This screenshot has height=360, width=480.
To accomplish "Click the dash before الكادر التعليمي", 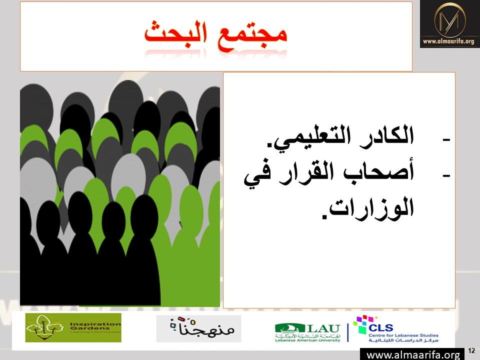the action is pyautogui.click(x=446, y=140).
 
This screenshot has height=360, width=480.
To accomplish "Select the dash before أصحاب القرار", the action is pyautogui.click(x=446, y=176).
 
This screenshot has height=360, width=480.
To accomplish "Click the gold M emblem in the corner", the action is pyautogui.click(x=449, y=20).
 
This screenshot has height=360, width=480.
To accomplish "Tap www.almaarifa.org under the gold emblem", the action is pyautogui.click(x=448, y=41).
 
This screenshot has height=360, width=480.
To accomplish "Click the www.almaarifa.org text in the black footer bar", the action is pyautogui.click(x=413, y=355).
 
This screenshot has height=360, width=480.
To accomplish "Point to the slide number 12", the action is pyautogui.click(x=471, y=350).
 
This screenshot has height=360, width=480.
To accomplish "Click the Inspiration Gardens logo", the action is pyautogui.click(x=73, y=327).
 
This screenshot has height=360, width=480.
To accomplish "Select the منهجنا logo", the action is pyautogui.click(x=198, y=328).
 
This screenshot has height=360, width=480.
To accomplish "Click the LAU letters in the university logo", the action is pyautogui.click(x=323, y=328).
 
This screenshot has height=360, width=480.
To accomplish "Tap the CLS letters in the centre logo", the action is pyautogui.click(x=381, y=328).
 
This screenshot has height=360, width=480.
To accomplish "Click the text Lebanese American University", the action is pyautogui.click(x=307, y=340).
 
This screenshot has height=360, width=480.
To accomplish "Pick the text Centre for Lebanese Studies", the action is pyautogui.click(x=403, y=335).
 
